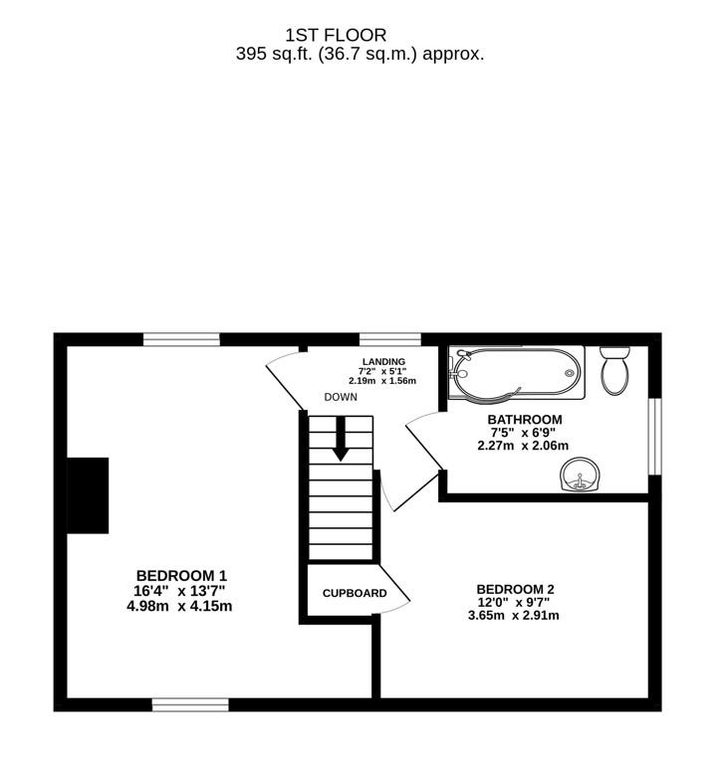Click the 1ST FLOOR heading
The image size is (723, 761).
pyautogui.click(x=336, y=35)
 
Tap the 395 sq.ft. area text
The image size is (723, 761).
pyautogui.click(x=361, y=54)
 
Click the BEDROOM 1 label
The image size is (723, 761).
pyautogui.click(x=181, y=576)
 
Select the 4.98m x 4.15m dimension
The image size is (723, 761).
pyautogui.click(x=179, y=606)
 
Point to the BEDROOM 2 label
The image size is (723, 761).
pyautogui.click(x=515, y=589)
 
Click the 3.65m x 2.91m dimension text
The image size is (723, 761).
pyautogui.click(x=513, y=616)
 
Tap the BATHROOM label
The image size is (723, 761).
pyautogui.click(x=525, y=420)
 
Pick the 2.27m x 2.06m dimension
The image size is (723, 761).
pyautogui.click(x=523, y=445)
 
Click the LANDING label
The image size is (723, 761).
pyautogui.click(x=383, y=361)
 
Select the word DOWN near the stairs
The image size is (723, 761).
pyautogui.click(x=341, y=397)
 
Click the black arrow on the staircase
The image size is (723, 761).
pyautogui.click(x=341, y=439)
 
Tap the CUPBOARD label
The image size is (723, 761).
pyautogui.click(x=355, y=593)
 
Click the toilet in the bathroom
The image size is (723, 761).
pyautogui.click(x=615, y=370)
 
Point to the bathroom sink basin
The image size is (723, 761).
pyautogui.click(x=580, y=475)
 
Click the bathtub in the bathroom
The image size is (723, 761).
pyautogui.click(x=517, y=372)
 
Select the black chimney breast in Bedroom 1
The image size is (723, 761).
pyautogui.click(x=88, y=495)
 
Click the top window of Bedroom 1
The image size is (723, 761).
pyautogui.click(x=181, y=339)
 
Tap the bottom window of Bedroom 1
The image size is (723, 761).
pyautogui.click(x=190, y=704)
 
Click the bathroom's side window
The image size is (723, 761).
pyautogui.click(x=655, y=437)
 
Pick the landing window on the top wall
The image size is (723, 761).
pyautogui.click(x=390, y=339)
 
